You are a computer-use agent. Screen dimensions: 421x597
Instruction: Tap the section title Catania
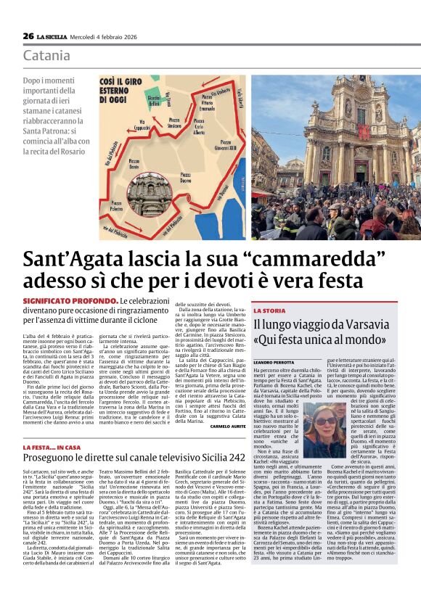pos(46,55)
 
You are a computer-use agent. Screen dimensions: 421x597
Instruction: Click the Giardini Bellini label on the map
pos(153,99)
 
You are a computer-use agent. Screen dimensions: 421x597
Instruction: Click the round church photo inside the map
pos(150,195)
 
